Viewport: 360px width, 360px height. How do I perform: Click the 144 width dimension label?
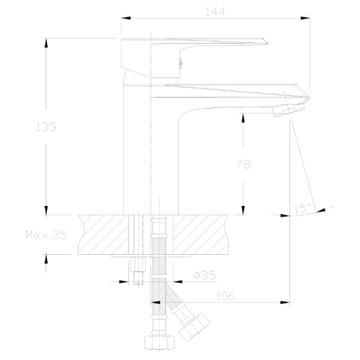coord(215,12)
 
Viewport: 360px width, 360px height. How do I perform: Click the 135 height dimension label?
coord(46,127)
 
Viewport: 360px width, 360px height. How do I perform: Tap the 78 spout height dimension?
coord(243,164)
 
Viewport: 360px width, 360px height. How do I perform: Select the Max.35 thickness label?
coord(46,235)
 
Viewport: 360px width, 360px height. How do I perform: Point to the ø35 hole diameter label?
coord(204,275)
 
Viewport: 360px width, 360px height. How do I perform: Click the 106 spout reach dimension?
coord(225,296)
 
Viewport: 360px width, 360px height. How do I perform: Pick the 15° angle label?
coord(303,208)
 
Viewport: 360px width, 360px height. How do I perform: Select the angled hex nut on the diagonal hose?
coord(194,326)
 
